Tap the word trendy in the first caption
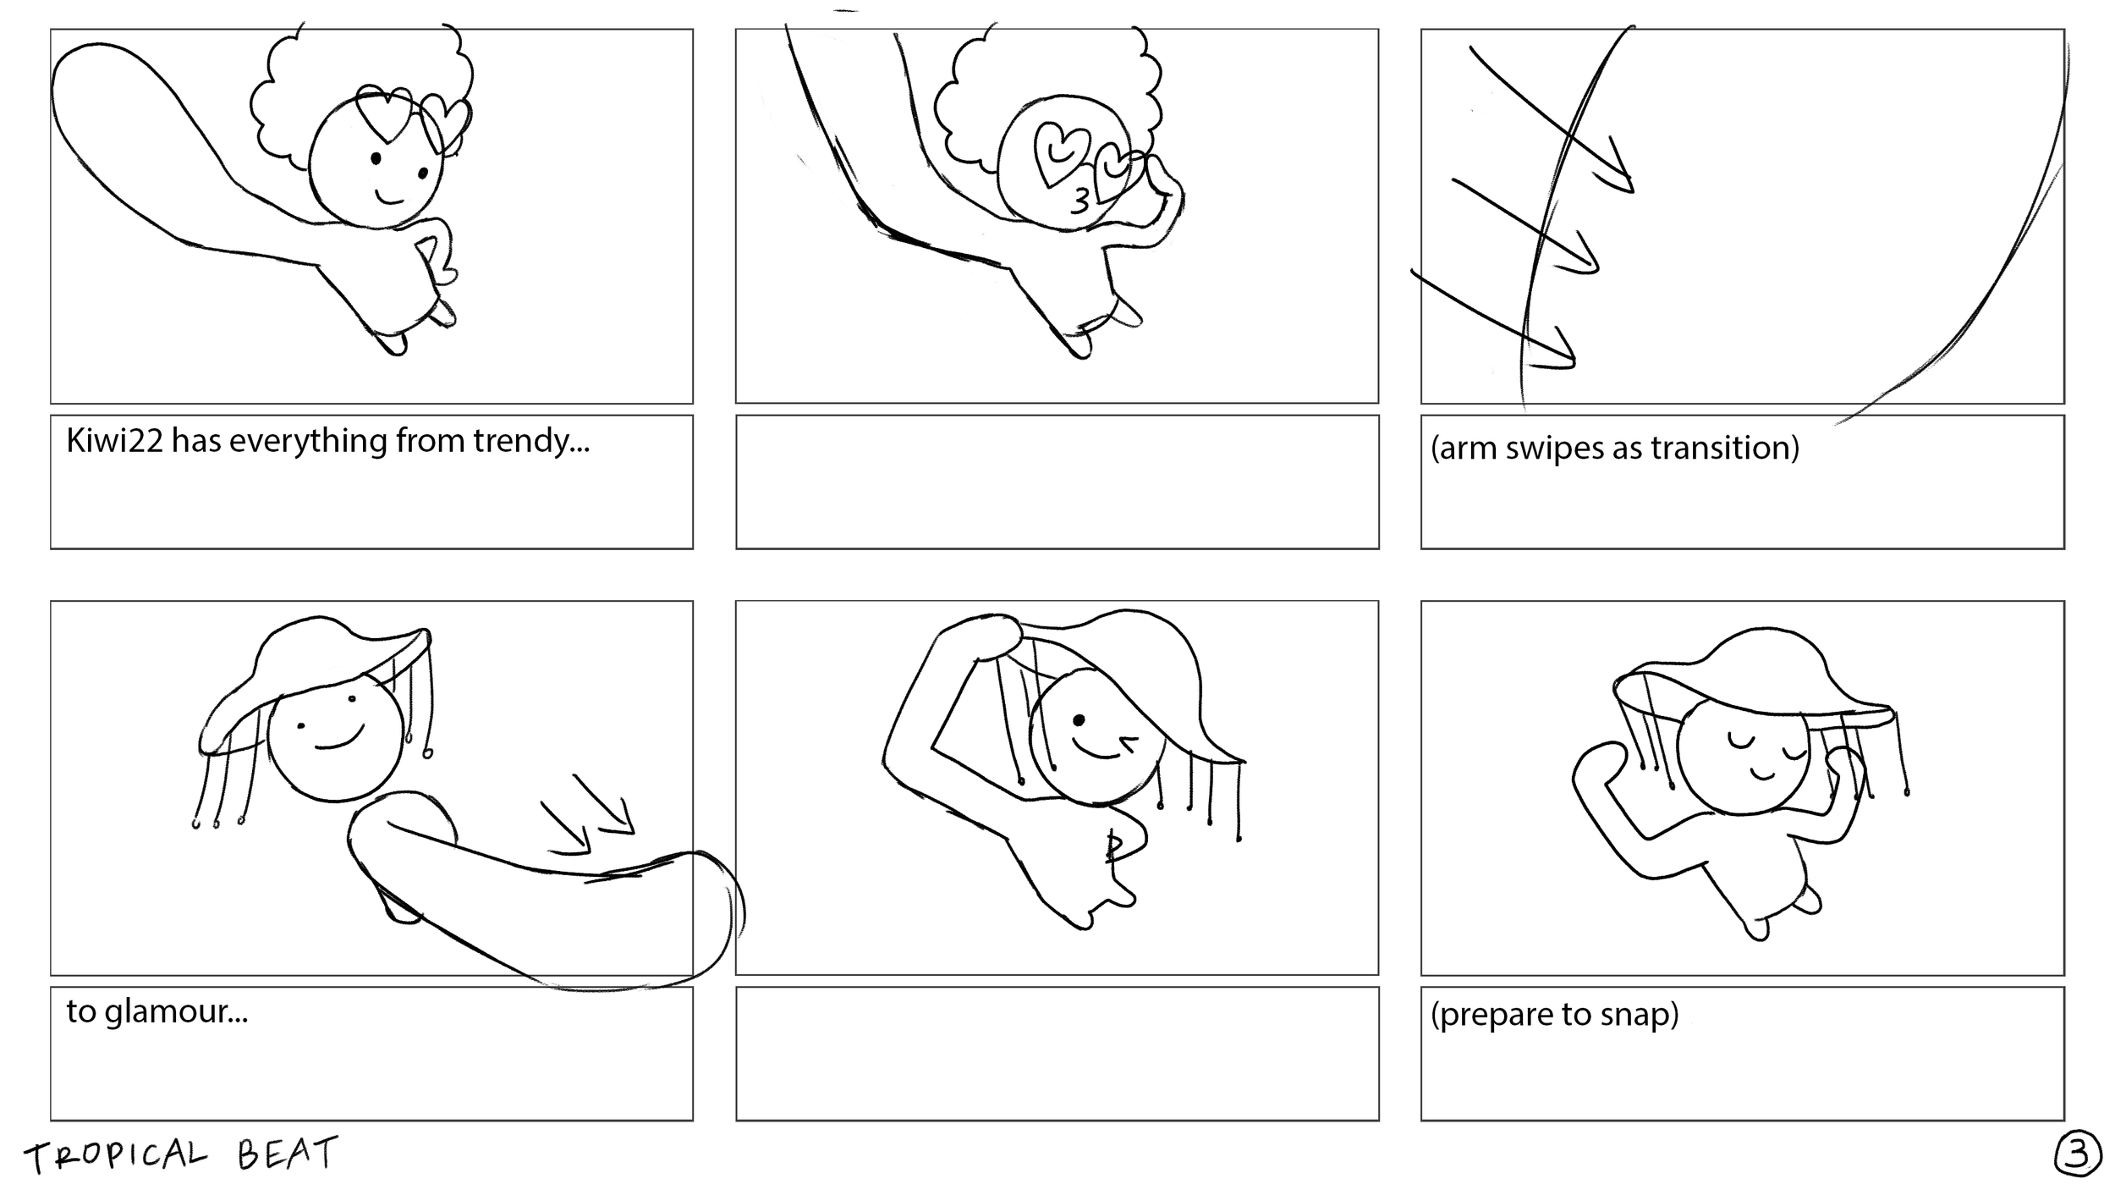coord(530,442)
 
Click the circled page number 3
coord(2077,1157)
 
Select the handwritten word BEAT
coord(288,1154)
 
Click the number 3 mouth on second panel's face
coord(1080,201)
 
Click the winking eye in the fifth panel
coord(1127,744)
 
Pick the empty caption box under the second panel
coord(1057,482)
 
